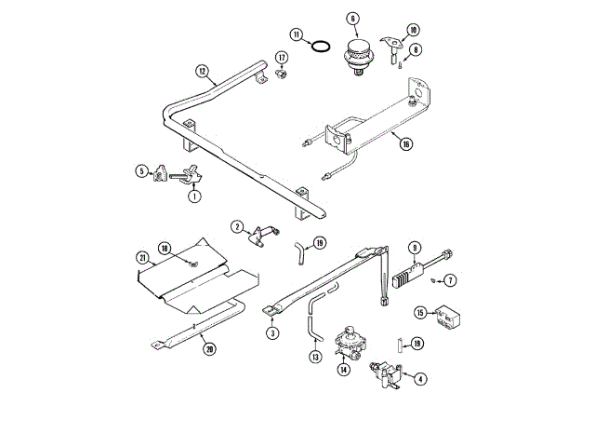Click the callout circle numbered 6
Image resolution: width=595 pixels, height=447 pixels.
click(353, 18)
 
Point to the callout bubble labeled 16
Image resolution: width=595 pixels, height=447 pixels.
click(405, 142)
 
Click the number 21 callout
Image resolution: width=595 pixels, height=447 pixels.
click(142, 257)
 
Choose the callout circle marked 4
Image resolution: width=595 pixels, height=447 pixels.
click(420, 378)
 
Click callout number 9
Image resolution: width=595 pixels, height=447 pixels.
click(415, 248)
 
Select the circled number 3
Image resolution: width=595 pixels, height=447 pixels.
click(272, 332)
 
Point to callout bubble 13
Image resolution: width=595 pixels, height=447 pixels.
click(316, 356)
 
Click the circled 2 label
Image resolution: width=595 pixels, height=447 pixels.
click(237, 226)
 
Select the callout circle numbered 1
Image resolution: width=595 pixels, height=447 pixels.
click(194, 196)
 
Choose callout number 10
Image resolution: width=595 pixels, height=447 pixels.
click(414, 31)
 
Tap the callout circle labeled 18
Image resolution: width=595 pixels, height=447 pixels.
click(164, 249)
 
